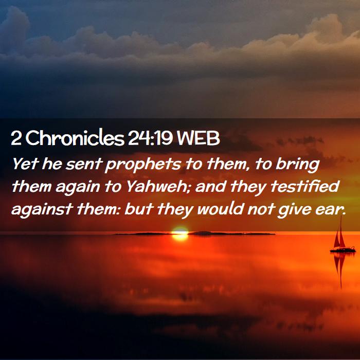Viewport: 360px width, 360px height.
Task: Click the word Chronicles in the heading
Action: pyautogui.click(x=75, y=138)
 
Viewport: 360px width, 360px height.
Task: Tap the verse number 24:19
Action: pyautogui.click(x=150, y=138)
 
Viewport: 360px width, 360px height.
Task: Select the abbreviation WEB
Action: pyautogui.click(x=199, y=138)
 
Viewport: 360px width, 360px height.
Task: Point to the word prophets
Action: pyautogui.click(x=143, y=165)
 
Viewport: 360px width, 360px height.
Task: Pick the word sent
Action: pyautogui.click(x=84, y=164)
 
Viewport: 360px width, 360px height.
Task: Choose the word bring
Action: pyautogui.click(x=298, y=165)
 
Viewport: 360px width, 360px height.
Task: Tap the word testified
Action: pyautogui.click(x=305, y=186)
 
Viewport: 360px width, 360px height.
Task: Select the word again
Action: pyautogui.click(x=78, y=188)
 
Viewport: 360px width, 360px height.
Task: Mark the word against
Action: pyautogui.click(x=42, y=210)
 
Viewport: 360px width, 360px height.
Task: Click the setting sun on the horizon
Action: pyautogui.click(x=180, y=233)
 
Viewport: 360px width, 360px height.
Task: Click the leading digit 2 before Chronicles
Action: pyautogui.click(x=16, y=138)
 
